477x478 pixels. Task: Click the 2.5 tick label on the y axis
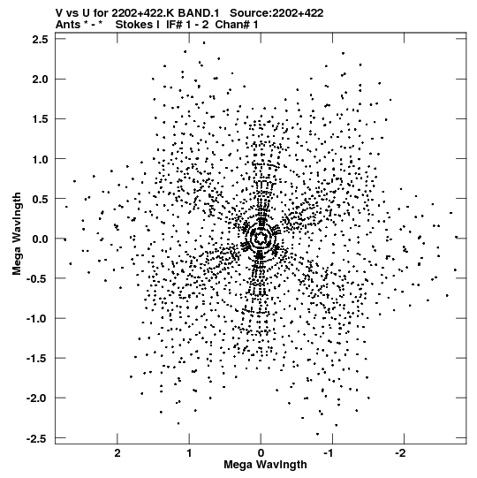40,40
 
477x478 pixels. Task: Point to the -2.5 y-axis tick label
37,438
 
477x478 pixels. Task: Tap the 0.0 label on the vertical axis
40,239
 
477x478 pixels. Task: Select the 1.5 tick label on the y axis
40,119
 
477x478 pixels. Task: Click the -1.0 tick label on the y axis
37,319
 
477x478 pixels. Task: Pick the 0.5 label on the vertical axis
40,199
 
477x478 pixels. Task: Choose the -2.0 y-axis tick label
37,398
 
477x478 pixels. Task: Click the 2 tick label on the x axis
117,453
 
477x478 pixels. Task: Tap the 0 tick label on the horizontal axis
261,453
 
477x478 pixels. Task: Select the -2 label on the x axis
401,453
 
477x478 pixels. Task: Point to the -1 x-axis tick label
329,453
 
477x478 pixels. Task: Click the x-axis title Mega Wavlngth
265,465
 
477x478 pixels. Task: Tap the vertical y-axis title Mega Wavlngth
17,234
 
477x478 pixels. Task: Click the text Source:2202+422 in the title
276,13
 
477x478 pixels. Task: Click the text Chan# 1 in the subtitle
237,25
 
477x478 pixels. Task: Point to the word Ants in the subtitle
68,25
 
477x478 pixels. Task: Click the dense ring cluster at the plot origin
260,238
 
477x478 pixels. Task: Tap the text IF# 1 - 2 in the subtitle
187,25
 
